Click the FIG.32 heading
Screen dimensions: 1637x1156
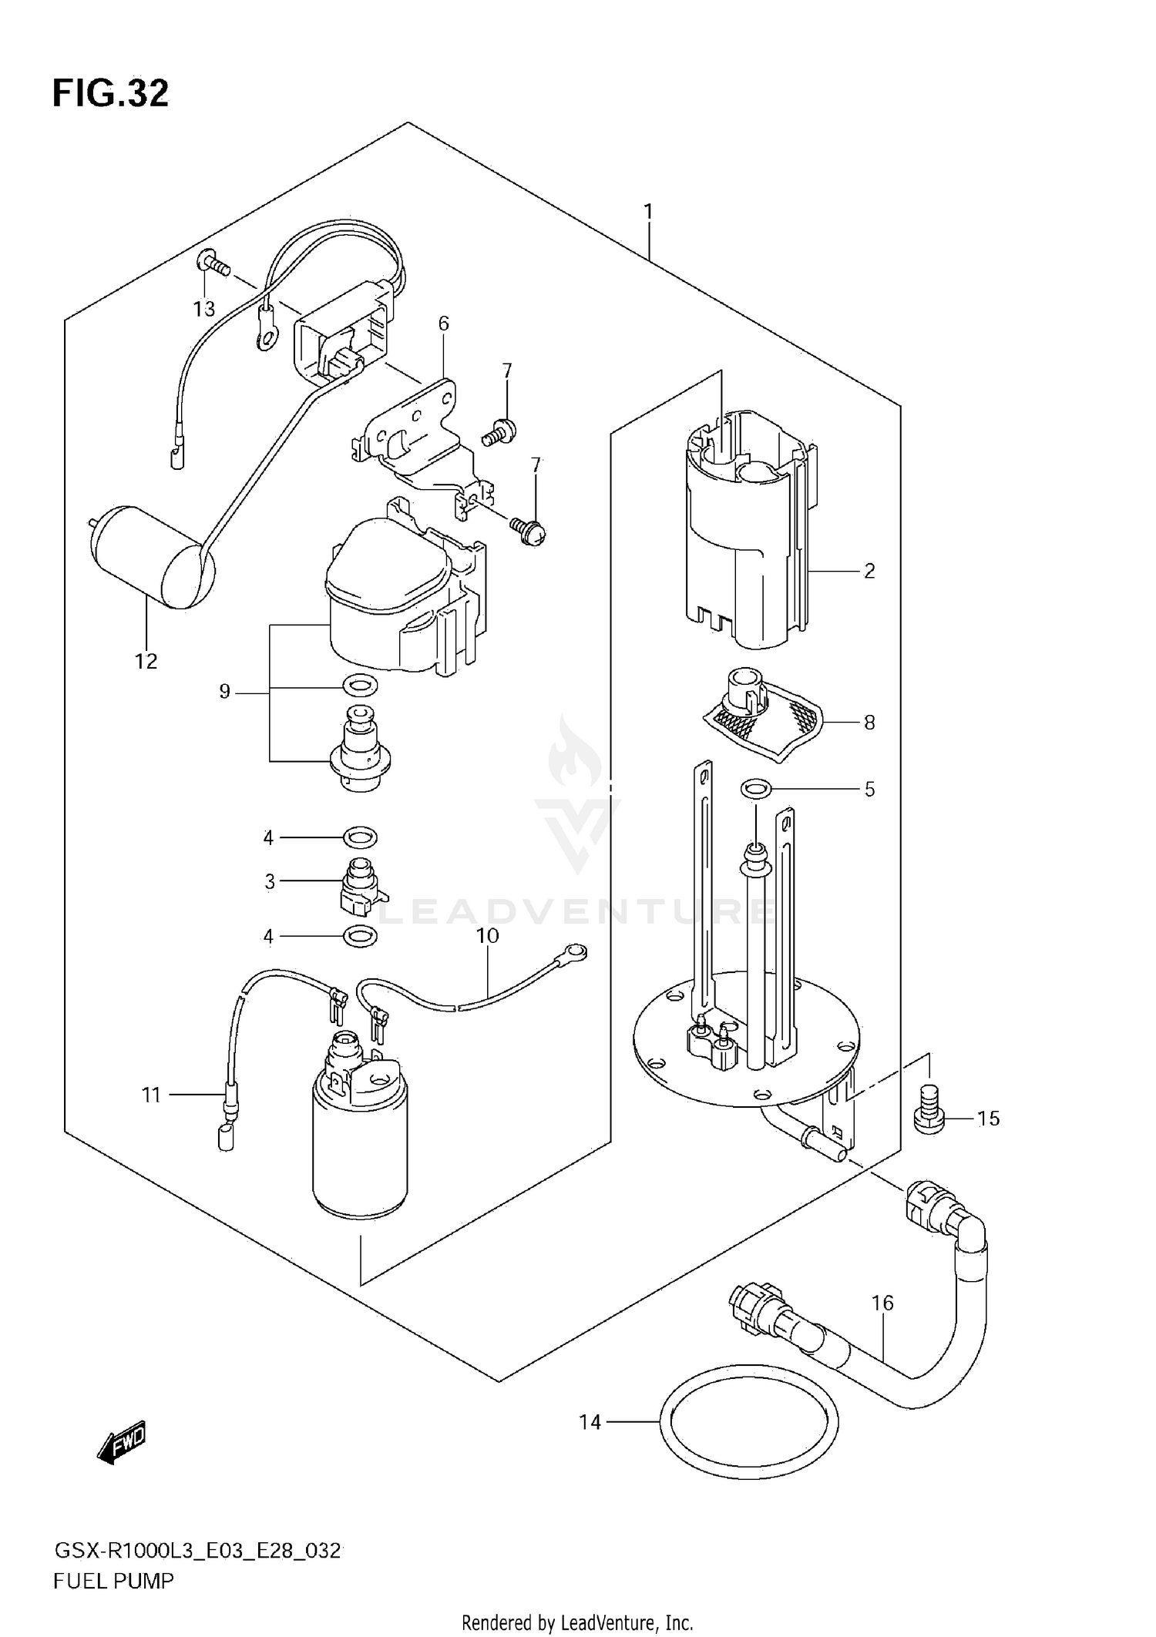coord(110,93)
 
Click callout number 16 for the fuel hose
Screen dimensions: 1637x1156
coord(882,1303)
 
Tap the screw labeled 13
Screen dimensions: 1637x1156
coord(213,264)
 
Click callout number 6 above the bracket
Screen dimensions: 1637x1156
coord(444,324)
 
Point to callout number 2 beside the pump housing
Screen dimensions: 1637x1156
coord(869,571)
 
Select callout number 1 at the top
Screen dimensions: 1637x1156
coord(648,211)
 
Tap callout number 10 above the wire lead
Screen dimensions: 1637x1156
coord(488,935)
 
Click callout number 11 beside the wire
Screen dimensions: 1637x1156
coord(152,1094)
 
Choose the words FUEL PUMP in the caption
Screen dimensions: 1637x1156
coord(113,1582)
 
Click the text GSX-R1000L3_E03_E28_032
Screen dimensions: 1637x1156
coord(197,1551)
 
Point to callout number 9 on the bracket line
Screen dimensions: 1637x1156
coord(224,692)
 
